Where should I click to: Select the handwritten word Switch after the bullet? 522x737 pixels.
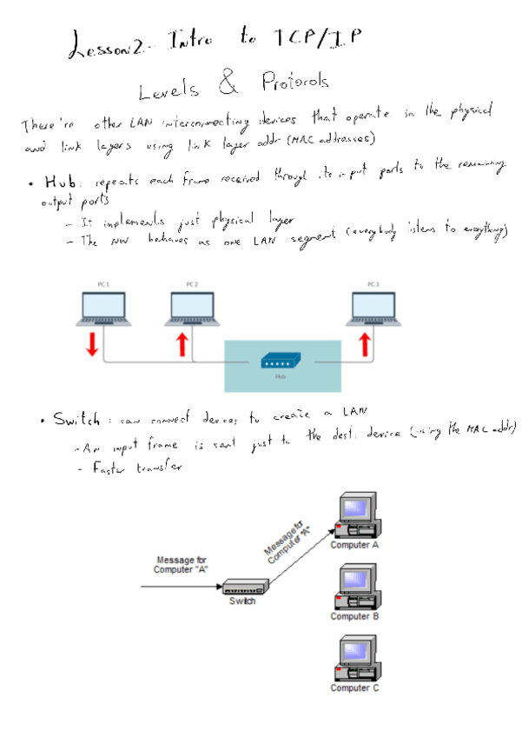[76, 420]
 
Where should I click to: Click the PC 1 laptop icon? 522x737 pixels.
[102, 308]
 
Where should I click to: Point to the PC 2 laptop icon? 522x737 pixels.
[192, 308]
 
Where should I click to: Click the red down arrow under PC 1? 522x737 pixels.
[91, 344]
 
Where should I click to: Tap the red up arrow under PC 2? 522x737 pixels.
[182, 344]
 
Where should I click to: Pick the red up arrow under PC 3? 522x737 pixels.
[366, 344]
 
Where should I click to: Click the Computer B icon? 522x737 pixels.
[355, 588]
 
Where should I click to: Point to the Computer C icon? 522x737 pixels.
[355, 660]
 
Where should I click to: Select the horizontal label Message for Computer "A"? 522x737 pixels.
[181, 565]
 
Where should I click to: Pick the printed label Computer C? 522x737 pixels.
[355, 688]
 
